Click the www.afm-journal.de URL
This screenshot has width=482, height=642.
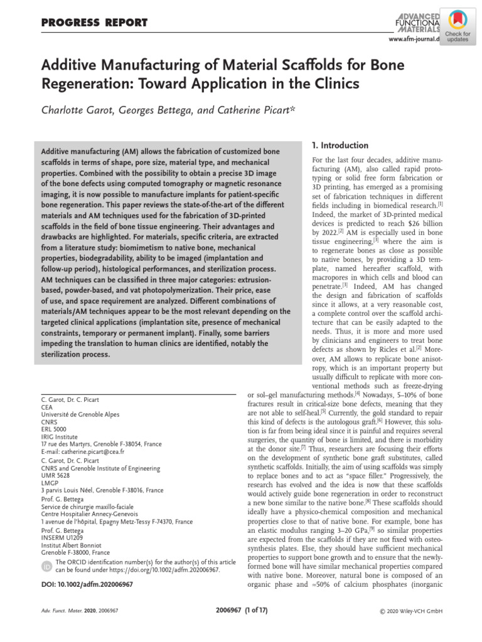415,39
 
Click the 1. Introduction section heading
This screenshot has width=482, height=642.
340,145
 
